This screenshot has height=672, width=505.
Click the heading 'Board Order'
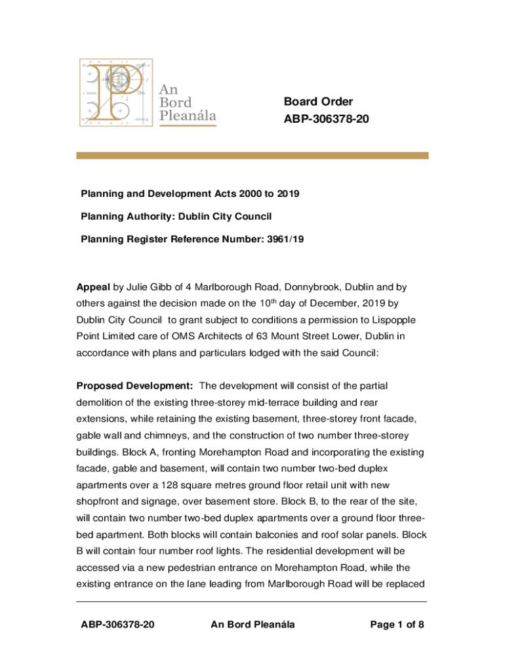[318, 102]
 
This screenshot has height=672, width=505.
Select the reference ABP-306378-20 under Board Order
[321, 120]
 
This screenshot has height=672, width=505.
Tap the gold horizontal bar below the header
[253, 156]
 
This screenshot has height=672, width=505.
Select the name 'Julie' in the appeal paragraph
[140, 287]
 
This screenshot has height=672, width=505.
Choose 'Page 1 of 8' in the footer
[397, 624]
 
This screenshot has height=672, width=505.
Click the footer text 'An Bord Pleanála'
[253, 624]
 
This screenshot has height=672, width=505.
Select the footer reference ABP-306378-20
[117, 624]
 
